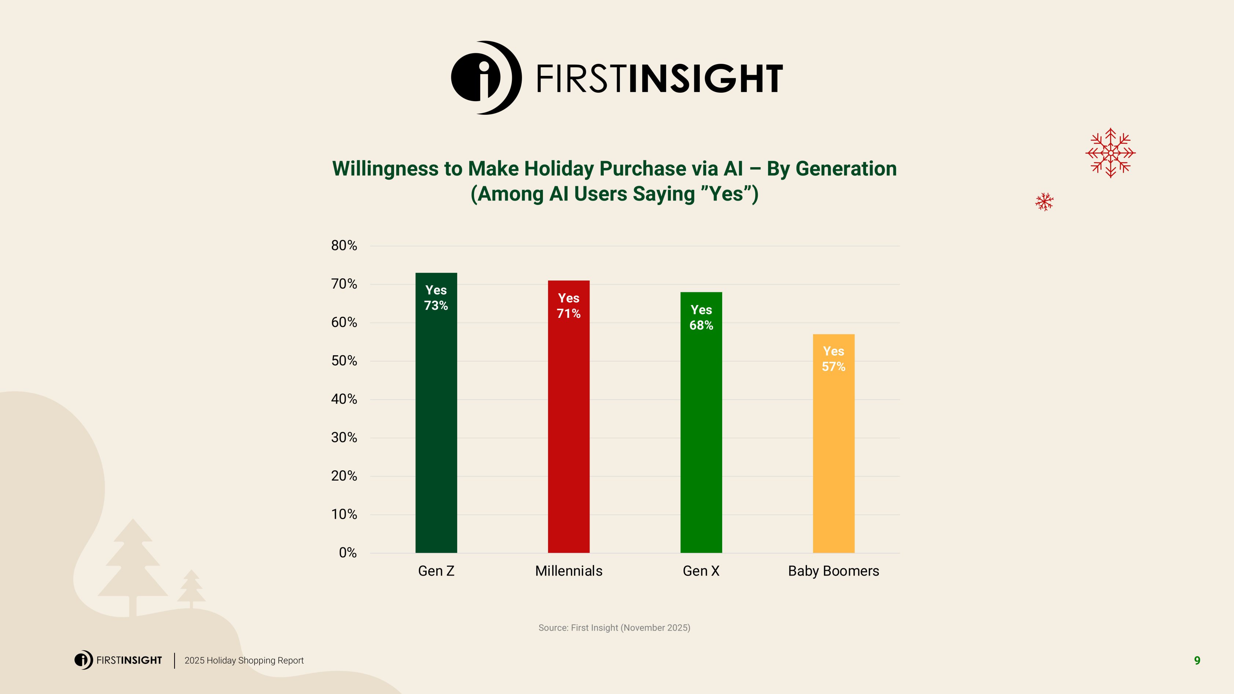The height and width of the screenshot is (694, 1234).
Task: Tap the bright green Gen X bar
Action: pyautogui.click(x=701, y=431)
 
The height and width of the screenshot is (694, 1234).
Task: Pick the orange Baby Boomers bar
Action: pyautogui.click(x=834, y=455)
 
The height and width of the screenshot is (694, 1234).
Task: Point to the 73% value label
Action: pyautogui.click(x=436, y=305)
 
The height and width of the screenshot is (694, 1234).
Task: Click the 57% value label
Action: pyautogui.click(x=834, y=367)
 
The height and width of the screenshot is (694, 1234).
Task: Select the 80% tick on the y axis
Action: pyautogui.click(x=344, y=246)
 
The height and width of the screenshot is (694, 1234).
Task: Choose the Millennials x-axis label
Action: pyautogui.click(x=569, y=571)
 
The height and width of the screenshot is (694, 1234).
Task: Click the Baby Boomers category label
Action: pyautogui.click(x=834, y=571)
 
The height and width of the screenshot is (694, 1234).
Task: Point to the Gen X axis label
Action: pyautogui.click(x=701, y=571)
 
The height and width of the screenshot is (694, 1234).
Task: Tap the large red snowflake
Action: pyautogui.click(x=1110, y=153)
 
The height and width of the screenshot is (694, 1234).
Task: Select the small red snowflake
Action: pyautogui.click(x=1044, y=202)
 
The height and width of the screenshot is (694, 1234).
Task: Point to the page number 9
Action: pyautogui.click(x=1197, y=661)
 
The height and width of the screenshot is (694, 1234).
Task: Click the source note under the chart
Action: pyautogui.click(x=614, y=627)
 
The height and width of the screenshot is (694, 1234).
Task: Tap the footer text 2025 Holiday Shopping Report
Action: pyautogui.click(x=244, y=661)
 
